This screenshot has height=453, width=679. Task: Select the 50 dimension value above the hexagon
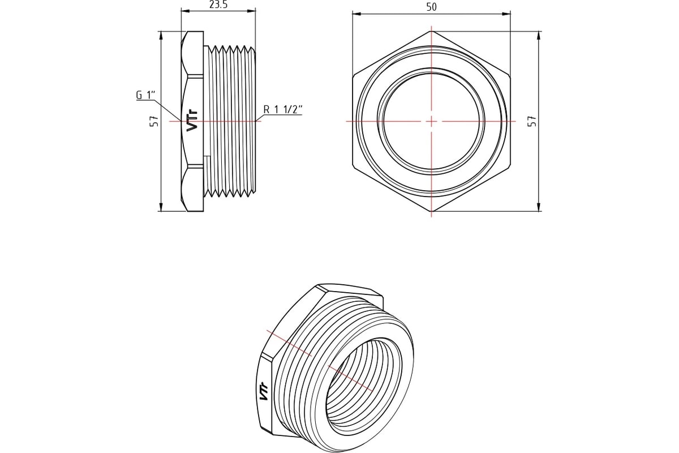(x=432, y=7)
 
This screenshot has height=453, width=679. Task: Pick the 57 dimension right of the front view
(x=531, y=121)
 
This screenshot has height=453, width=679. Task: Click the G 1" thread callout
(x=145, y=96)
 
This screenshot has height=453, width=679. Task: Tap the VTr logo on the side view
(x=193, y=121)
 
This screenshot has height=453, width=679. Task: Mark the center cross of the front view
(x=432, y=121)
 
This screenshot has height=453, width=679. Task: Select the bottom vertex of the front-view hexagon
(x=432, y=212)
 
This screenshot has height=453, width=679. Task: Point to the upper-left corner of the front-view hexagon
(x=353, y=75)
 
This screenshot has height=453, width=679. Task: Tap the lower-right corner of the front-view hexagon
(x=510, y=166)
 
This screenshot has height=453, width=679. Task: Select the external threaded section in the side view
(x=232, y=121)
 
